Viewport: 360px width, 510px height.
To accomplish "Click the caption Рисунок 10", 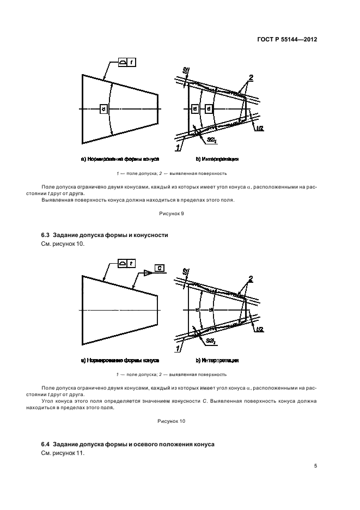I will pyautogui.click(x=172, y=421).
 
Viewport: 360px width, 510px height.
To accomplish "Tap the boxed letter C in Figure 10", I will pyautogui.click(x=158, y=268).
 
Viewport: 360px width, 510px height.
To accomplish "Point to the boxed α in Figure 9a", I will pyautogui.click(x=103, y=110).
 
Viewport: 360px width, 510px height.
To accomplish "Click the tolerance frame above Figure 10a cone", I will pyautogui.click(x=127, y=264).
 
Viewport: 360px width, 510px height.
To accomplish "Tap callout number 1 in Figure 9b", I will pyautogui.click(x=178, y=147).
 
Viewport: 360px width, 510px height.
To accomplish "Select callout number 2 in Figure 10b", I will pyautogui.click(x=251, y=279).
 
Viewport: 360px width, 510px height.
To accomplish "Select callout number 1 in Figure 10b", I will pyautogui.click(x=178, y=347).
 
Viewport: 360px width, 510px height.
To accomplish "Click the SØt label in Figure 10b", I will pyautogui.click(x=211, y=340).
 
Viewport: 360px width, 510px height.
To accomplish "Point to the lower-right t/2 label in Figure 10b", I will pyautogui.click(x=259, y=329).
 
